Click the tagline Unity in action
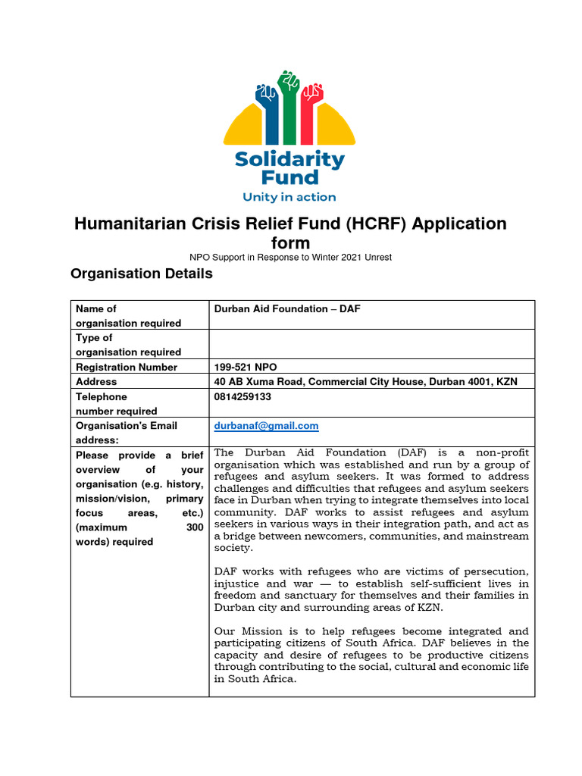click(289, 197)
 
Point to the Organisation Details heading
click(142, 274)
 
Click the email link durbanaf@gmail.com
click(266, 426)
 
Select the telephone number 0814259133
click(242, 396)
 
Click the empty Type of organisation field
click(371, 344)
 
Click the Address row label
click(96, 381)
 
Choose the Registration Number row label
click(127, 367)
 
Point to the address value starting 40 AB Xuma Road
click(366, 381)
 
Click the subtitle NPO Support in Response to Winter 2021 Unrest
click(290, 258)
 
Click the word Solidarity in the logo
click(289, 160)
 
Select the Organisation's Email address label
click(126, 433)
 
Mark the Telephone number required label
click(116, 403)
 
